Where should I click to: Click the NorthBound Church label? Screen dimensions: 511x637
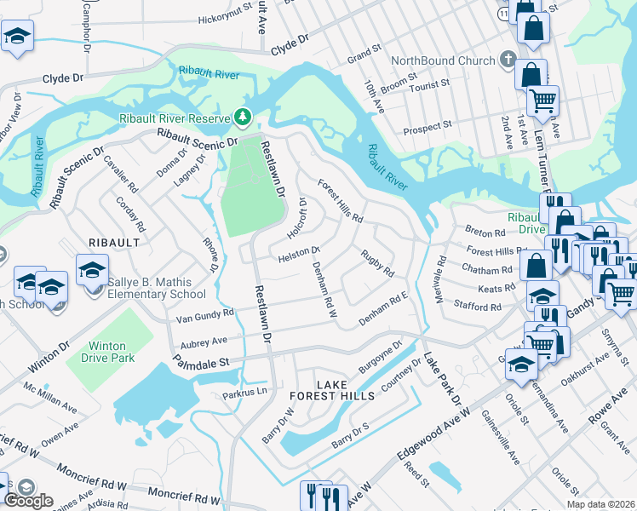point(442,60)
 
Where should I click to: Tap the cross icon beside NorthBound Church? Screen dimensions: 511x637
point(508,60)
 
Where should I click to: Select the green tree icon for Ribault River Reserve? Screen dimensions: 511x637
point(244,116)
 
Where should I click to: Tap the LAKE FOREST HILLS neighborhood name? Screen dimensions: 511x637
point(331,391)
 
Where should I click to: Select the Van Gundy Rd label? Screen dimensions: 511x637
point(204,315)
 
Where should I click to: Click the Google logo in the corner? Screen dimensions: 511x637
point(29,501)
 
